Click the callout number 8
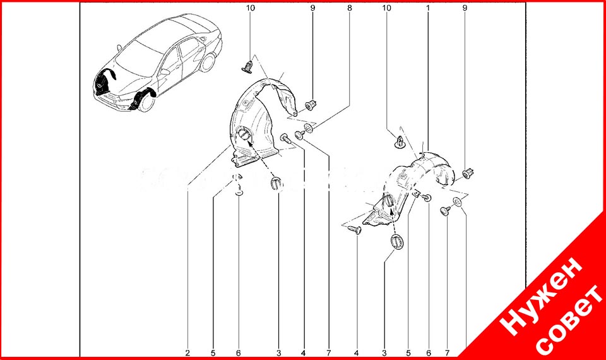coord(349,8)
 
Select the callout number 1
coord(428,8)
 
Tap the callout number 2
coord(187,352)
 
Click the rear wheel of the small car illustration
coord(208,63)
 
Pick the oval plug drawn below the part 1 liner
coord(396,241)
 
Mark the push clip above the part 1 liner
coord(399,141)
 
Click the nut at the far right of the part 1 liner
coord(468,172)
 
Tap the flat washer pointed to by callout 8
coord(309,128)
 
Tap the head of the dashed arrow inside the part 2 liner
coord(247,141)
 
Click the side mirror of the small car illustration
coord(165,72)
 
